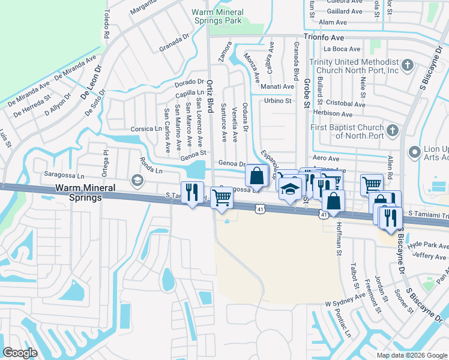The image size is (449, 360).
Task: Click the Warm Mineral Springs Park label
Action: [x=217, y=16]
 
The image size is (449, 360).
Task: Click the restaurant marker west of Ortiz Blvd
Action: [x=192, y=191]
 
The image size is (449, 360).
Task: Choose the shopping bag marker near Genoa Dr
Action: [x=256, y=176]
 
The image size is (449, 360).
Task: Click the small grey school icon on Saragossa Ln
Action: [x=137, y=181]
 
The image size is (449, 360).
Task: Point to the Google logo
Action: [x=20, y=353]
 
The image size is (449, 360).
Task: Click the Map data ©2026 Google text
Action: [x=412, y=355]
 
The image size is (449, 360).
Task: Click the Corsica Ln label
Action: [x=147, y=129]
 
